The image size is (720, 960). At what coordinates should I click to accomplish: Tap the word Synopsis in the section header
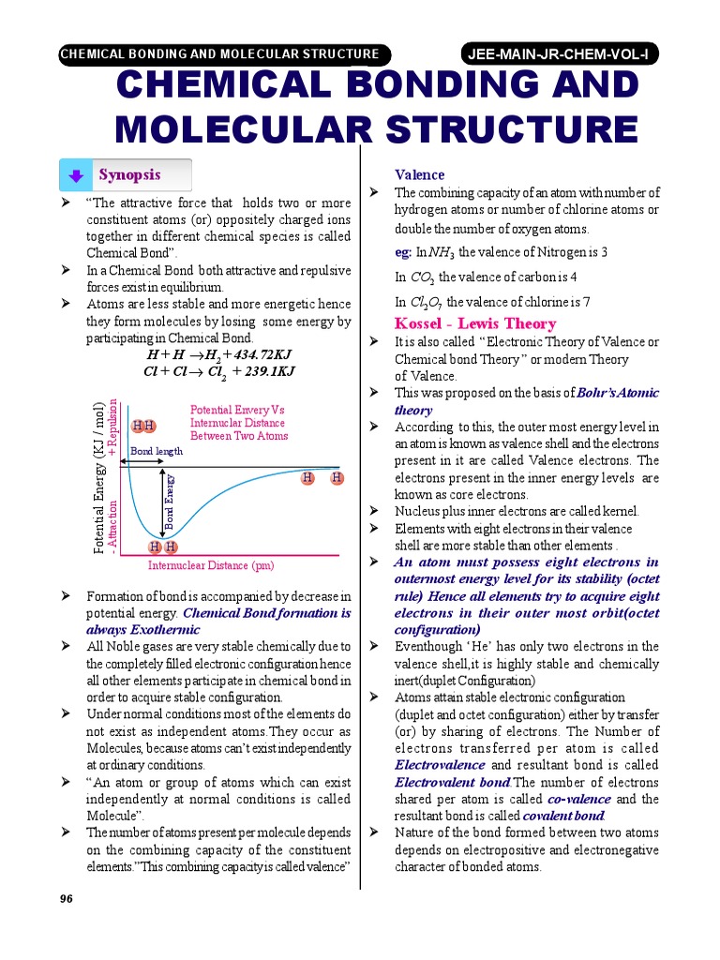(x=129, y=175)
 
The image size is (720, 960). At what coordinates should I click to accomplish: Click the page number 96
(x=66, y=898)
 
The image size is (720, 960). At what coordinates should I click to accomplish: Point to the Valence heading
(x=419, y=175)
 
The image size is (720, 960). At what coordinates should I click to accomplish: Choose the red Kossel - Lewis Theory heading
(x=462, y=323)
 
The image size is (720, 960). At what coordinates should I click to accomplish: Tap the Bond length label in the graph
(x=156, y=451)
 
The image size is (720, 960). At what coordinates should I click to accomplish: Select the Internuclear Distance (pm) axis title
(x=211, y=565)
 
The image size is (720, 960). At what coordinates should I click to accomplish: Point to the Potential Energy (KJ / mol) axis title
(x=99, y=477)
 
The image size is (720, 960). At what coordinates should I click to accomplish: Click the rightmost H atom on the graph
(x=337, y=479)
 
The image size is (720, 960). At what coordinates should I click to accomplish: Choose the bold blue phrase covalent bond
(x=535, y=816)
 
